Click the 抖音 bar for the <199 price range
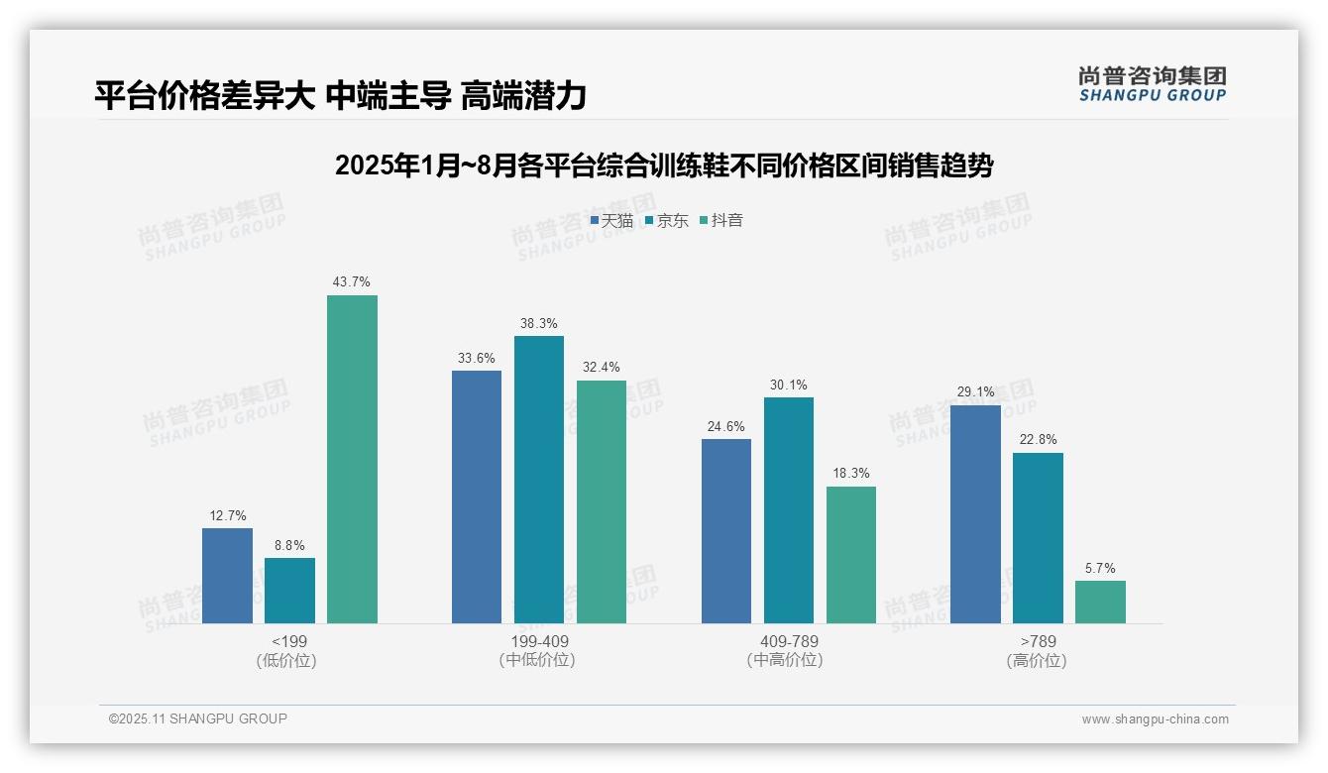pyautogui.click(x=352, y=459)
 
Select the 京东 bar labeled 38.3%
pyautogui.click(x=539, y=480)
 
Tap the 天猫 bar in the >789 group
pyautogui.click(x=975, y=514)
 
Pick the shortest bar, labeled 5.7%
pyautogui.click(x=1100, y=602)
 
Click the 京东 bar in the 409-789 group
pyautogui.click(x=789, y=510)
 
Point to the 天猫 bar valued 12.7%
pyautogui.click(x=227, y=576)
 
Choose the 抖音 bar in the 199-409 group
pyautogui.click(x=602, y=501)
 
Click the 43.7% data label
pyautogui.click(x=352, y=282)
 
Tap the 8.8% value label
pyautogui.click(x=289, y=545)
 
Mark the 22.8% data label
pyautogui.click(x=1038, y=440)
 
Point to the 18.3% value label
pyautogui.click(x=851, y=473)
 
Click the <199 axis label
pyautogui.click(x=288, y=641)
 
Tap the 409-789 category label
pyautogui.click(x=788, y=641)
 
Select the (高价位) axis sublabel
pyautogui.click(x=1037, y=660)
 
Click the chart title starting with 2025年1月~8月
pyautogui.click(x=664, y=166)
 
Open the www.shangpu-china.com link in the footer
pyautogui.click(x=1155, y=719)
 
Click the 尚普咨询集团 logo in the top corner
pyautogui.click(x=1152, y=83)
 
